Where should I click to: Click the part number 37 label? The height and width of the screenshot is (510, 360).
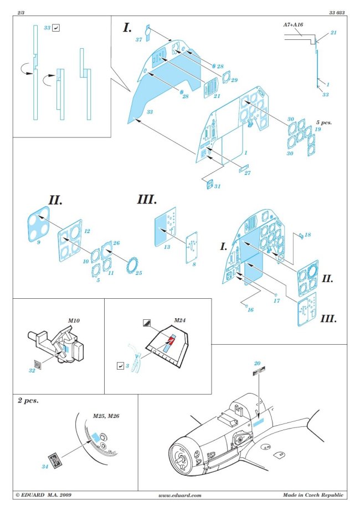click(139, 40)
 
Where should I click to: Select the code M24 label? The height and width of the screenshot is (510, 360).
click(179, 320)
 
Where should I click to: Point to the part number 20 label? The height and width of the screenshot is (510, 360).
click(256, 363)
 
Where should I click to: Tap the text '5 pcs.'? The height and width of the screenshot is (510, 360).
click(323, 121)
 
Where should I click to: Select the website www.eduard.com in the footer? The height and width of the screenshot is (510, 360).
click(179, 495)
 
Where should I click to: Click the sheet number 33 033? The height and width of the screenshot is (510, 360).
click(336, 11)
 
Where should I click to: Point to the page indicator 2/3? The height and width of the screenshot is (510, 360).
click(20, 11)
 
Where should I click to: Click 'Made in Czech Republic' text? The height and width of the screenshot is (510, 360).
click(312, 495)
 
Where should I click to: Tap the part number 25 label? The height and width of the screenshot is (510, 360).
click(138, 273)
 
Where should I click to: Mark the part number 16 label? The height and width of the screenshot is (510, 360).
click(250, 309)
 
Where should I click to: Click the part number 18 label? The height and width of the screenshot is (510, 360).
click(307, 235)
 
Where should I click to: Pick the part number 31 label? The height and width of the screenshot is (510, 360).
click(217, 186)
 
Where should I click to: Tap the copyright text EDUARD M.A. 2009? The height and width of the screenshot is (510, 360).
click(43, 495)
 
